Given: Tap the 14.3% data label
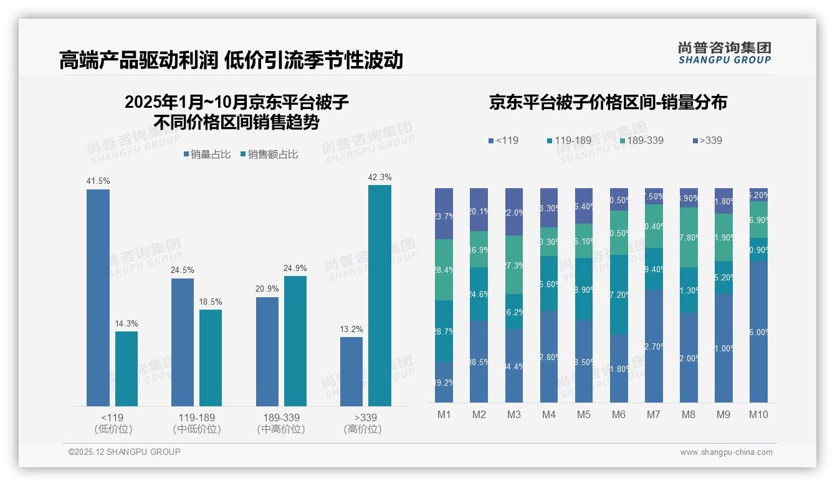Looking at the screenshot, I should [126, 324].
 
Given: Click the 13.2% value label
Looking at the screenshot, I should [351, 329].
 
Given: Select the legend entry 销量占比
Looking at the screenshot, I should [207, 155].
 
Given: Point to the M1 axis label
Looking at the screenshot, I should [444, 414].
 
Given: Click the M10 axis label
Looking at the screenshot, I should [758, 414].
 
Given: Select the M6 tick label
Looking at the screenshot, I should [619, 414].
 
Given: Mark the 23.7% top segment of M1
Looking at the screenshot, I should [444, 214].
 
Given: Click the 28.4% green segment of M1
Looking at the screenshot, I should [444, 270].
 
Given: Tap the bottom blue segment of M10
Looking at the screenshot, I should [758, 331].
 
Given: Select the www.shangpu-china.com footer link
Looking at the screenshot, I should [726, 452].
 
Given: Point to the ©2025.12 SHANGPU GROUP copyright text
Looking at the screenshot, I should [125, 452].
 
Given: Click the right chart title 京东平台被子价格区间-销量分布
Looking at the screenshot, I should [608, 103].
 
